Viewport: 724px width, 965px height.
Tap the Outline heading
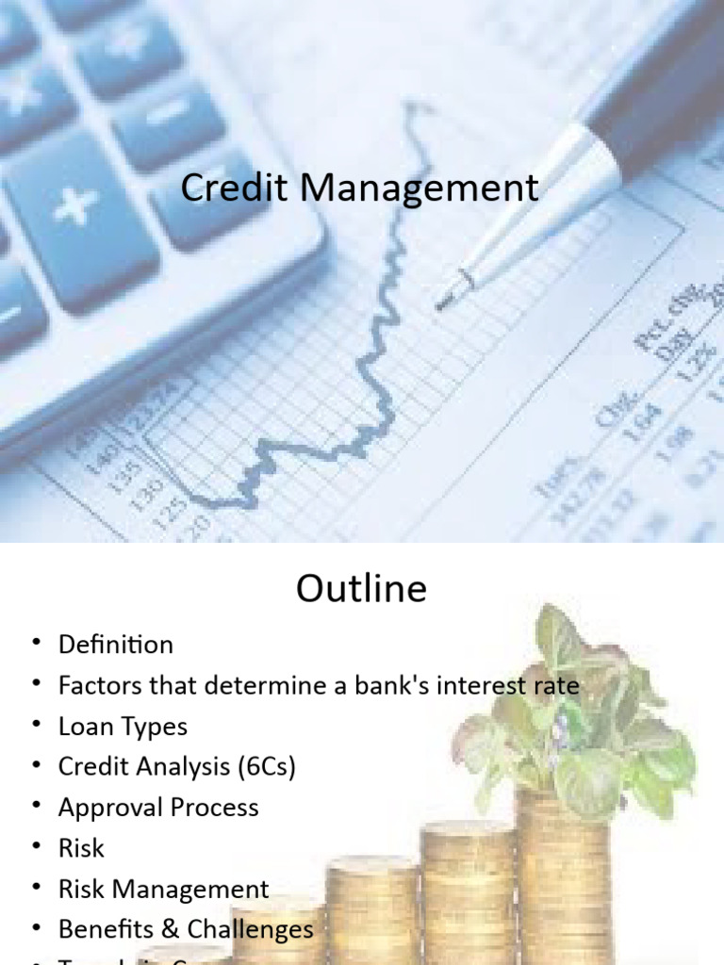(x=361, y=589)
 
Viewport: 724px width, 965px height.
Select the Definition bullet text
(x=116, y=646)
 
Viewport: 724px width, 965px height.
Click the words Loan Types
(x=123, y=727)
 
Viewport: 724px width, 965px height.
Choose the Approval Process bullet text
(x=158, y=808)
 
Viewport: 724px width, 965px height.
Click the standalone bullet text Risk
(x=81, y=848)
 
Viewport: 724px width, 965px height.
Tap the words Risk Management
(x=163, y=889)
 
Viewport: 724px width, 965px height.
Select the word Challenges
(x=251, y=929)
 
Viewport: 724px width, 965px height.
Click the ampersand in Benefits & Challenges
(x=170, y=929)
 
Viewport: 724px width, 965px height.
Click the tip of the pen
(x=439, y=303)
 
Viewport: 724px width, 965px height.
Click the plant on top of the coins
(x=575, y=716)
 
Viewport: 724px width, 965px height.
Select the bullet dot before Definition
(x=37, y=644)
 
